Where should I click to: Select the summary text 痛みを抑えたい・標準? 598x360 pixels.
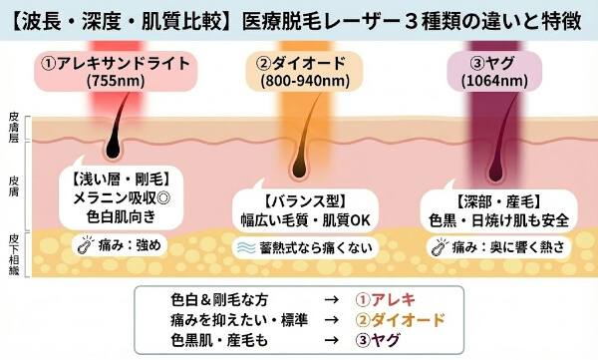(229, 319)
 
